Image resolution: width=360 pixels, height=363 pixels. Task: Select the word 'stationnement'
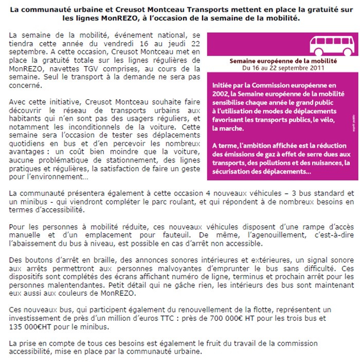click(x=111, y=160)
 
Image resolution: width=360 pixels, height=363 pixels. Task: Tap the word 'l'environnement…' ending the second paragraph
click(x=57, y=177)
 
